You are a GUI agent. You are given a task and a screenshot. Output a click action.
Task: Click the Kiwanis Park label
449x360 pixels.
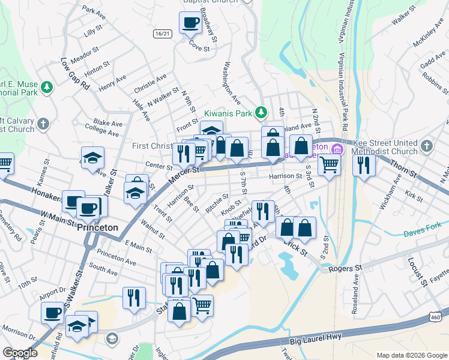(x=228, y=112)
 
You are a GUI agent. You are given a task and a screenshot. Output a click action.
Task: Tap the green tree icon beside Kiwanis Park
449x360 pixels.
(x=261, y=112)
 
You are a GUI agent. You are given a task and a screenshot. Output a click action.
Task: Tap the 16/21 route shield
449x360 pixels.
(x=162, y=34)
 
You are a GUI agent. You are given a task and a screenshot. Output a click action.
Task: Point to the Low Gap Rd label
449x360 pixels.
(x=75, y=74)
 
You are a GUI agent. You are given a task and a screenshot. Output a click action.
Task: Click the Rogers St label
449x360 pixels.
(x=349, y=267)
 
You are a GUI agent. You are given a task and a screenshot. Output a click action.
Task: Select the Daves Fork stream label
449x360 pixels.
(x=422, y=232)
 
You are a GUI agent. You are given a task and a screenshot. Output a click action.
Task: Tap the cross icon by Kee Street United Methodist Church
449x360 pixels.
(x=426, y=146)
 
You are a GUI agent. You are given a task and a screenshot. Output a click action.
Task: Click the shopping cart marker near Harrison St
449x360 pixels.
(x=329, y=163)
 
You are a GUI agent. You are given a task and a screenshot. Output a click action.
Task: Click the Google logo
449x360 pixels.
(x=20, y=352)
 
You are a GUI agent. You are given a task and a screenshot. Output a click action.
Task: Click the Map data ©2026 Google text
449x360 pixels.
(x=411, y=355)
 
